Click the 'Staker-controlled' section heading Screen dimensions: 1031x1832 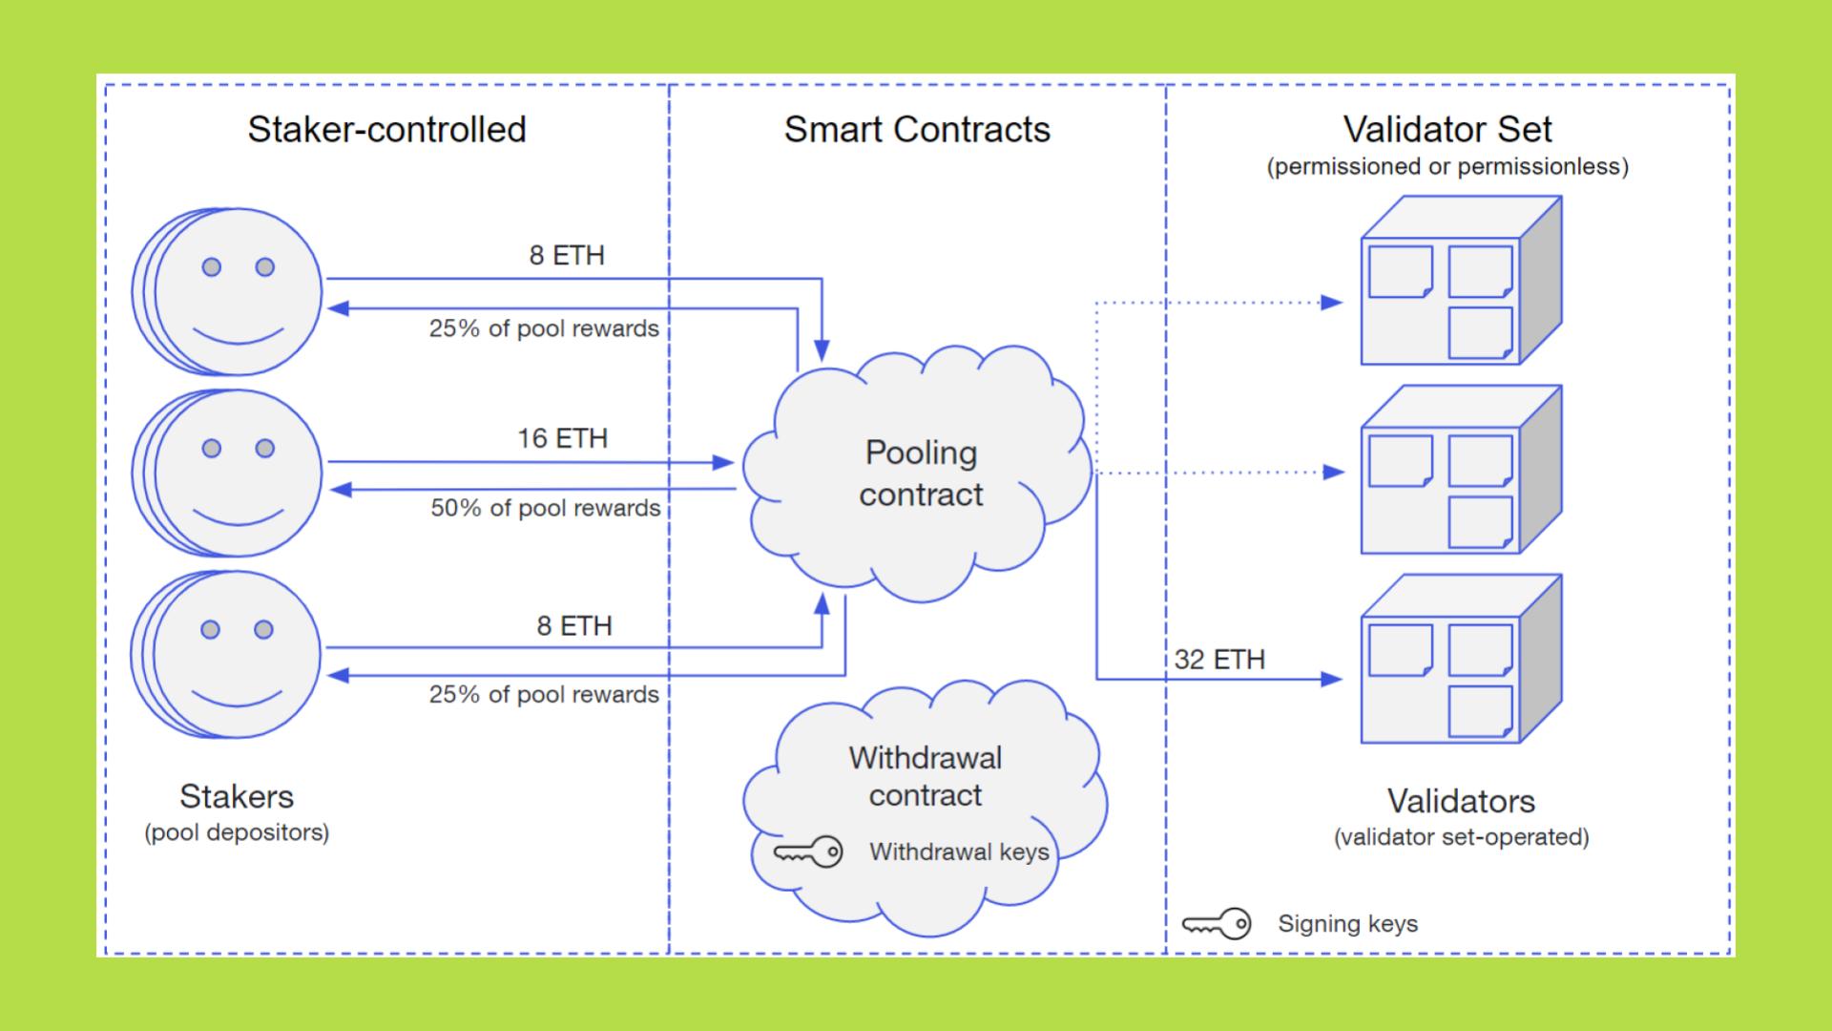pyautogui.click(x=386, y=130)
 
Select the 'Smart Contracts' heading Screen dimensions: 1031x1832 pyautogui.click(x=917, y=130)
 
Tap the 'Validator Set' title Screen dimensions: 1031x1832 pyautogui.click(x=1447, y=129)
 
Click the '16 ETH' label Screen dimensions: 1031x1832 pyautogui.click(x=562, y=438)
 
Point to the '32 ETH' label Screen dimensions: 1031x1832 pyautogui.click(x=1219, y=660)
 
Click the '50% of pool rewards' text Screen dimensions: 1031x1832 pyautogui.click(x=545, y=508)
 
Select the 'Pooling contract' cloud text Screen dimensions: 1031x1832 pyautogui.click(x=921, y=473)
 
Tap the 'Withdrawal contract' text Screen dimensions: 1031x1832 pyautogui.click(x=925, y=776)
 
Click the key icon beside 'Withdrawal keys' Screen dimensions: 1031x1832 pyautogui.click(x=808, y=852)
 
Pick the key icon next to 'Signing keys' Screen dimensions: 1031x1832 pyautogui.click(x=1217, y=923)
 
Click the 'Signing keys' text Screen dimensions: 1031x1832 pyautogui.click(x=1347, y=923)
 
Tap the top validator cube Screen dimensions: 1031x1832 pyautogui.click(x=1460, y=282)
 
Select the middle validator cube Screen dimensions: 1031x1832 pyautogui.click(x=1460, y=471)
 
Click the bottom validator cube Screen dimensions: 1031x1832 pyautogui.click(x=1460, y=660)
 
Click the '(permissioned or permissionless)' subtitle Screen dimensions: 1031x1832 pyautogui.click(x=1447, y=167)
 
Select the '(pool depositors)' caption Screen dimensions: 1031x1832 pyautogui.click(x=237, y=832)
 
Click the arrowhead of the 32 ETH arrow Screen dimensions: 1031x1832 pyautogui.click(x=1332, y=680)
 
